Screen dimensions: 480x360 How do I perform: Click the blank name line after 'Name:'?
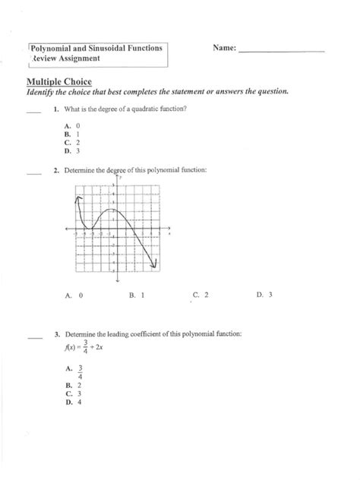point(280,51)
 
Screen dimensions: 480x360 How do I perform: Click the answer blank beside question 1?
point(33,112)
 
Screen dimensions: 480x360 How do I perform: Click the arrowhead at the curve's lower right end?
point(155,264)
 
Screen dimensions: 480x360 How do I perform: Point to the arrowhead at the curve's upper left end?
point(78,197)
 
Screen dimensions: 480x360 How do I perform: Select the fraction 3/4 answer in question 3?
point(80,370)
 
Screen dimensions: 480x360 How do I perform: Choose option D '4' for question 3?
point(74,403)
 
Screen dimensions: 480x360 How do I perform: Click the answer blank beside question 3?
point(33,336)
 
